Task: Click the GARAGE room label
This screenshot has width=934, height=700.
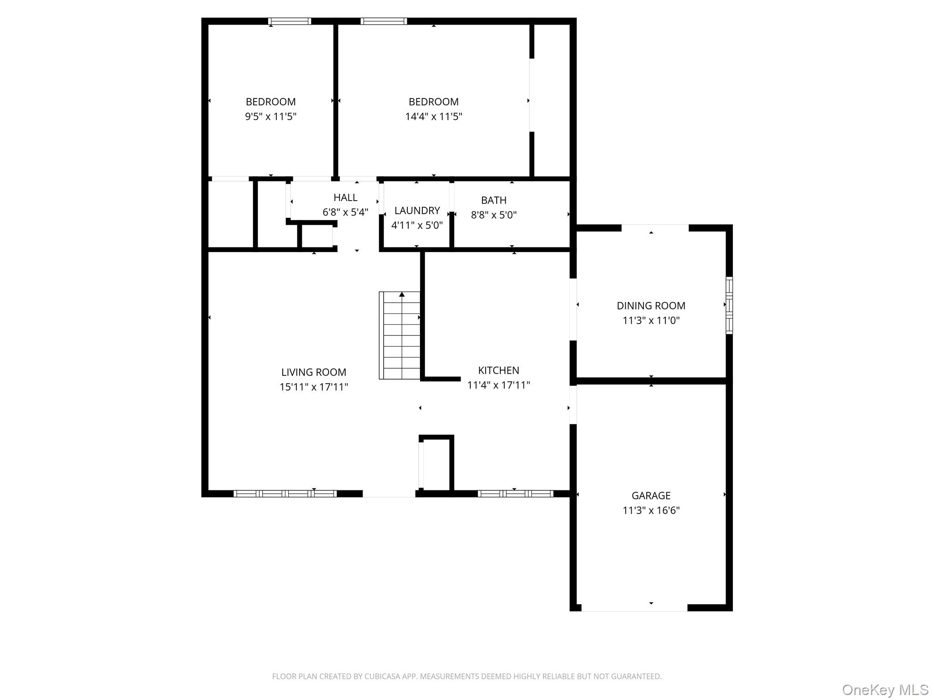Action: point(651,495)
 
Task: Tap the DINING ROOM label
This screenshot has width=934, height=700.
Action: point(651,306)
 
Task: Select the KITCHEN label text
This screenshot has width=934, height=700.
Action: point(498,371)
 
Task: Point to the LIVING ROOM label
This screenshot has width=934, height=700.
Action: point(314,372)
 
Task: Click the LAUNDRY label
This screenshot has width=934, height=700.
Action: point(417,211)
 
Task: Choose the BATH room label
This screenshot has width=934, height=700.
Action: point(493,200)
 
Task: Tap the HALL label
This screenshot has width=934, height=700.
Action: point(345,197)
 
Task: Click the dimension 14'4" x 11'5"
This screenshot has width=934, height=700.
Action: point(434,117)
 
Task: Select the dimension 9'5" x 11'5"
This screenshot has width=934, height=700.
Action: point(271,117)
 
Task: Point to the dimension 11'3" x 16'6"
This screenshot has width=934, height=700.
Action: point(651,510)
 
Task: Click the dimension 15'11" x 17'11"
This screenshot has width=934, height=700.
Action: point(314,387)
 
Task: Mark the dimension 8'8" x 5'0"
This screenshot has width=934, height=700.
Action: point(493,215)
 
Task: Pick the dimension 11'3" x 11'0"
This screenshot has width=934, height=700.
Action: point(651,320)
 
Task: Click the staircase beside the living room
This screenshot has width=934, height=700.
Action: point(400,335)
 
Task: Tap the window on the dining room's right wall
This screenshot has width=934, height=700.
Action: point(729,305)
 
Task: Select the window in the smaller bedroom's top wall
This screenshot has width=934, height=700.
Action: point(290,21)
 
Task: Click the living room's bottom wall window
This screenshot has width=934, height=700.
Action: point(285,494)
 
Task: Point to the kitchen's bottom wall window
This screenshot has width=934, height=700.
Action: point(515,494)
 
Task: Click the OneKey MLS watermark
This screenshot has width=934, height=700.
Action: point(885,690)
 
